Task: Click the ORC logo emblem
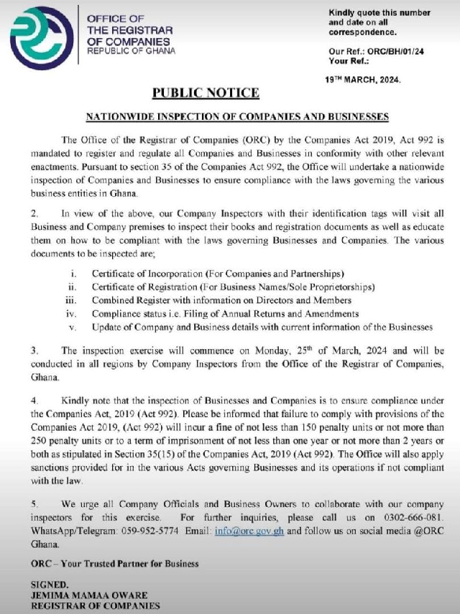pos(42,35)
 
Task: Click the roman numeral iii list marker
pos(71,300)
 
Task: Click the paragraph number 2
pos(34,213)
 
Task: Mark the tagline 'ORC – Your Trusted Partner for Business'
pos(115,564)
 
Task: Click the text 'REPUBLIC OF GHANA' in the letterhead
pos(130,51)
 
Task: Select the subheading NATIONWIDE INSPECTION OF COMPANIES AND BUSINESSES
pos(237,116)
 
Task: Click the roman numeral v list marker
pos(73,327)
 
